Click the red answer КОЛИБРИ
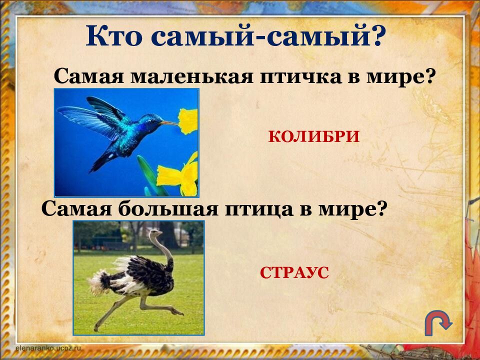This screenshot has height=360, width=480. point(313,136)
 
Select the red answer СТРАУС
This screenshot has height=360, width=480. point(294,272)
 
